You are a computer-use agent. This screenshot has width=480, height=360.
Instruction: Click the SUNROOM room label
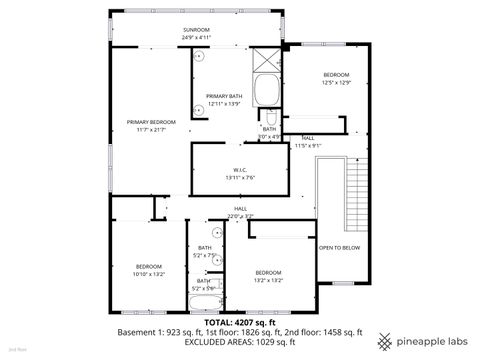pos(196,30)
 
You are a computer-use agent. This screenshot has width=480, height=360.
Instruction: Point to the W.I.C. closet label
pos(240,169)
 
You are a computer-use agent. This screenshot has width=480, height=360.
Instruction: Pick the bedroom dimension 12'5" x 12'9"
pos(335,82)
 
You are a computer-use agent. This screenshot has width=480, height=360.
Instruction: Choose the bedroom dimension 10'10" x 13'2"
pos(149,273)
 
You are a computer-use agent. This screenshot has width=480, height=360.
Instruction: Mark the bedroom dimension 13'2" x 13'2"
pos(268,280)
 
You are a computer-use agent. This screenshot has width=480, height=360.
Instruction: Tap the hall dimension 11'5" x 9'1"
pos(308,145)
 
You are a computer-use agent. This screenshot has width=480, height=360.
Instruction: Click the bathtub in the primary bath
pos(267,93)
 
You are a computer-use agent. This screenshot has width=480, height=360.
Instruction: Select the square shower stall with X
pos(267,57)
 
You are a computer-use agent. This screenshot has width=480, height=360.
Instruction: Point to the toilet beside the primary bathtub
pos(270,117)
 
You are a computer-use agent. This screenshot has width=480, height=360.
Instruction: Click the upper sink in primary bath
pos(198,57)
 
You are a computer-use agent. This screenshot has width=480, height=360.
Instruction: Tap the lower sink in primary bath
pos(198,107)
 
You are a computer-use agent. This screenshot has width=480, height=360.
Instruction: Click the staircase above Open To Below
pos(354,190)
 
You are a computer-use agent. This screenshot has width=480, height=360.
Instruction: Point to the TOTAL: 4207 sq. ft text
pos(240,323)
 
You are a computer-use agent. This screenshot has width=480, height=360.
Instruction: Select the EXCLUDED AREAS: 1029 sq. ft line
pos(240,343)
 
